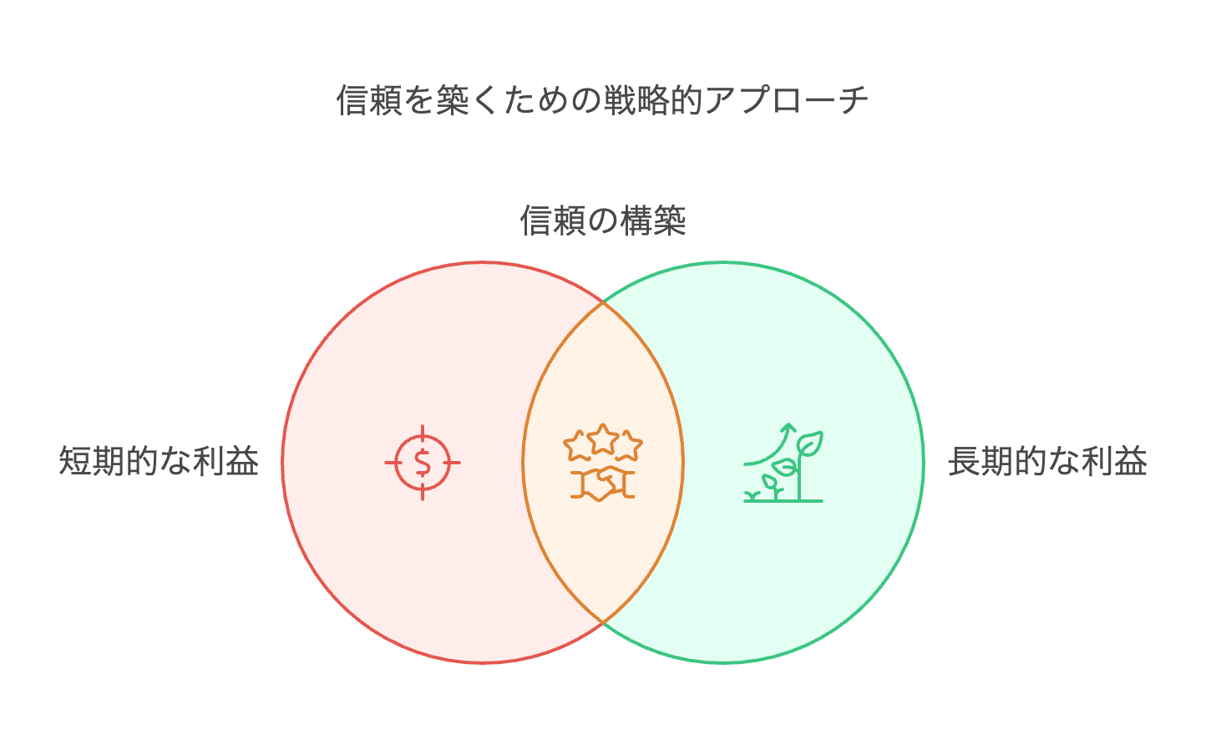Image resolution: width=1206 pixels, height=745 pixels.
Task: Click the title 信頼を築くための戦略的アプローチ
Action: pyautogui.click(x=602, y=100)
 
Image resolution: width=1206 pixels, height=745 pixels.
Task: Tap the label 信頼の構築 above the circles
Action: pyautogui.click(x=602, y=221)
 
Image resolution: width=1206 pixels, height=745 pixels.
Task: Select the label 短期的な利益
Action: pyautogui.click(x=159, y=461)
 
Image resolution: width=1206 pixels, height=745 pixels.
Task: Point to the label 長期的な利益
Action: pyautogui.click(x=1047, y=461)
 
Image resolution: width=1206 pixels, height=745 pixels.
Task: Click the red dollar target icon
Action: pyautogui.click(x=423, y=462)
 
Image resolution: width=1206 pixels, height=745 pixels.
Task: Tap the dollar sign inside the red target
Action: pyautogui.click(x=423, y=462)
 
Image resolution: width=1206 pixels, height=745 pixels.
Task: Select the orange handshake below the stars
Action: pyautogui.click(x=603, y=484)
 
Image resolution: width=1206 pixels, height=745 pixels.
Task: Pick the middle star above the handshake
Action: pyautogui.click(x=602, y=438)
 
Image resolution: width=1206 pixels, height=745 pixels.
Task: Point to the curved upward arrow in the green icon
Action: pyautogui.click(x=768, y=443)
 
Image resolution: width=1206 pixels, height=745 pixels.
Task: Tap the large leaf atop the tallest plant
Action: pyautogui.click(x=810, y=443)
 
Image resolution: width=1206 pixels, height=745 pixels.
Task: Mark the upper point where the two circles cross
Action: pyautogui.click(x=603, y=302)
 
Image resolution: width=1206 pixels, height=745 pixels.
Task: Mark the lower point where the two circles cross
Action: pyautogui.click(x=603, y=622)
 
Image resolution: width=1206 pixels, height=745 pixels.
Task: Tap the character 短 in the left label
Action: pyautogui.click(x=75, y=461)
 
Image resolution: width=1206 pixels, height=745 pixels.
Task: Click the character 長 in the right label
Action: pyautogui.click(x=964, y=461)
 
